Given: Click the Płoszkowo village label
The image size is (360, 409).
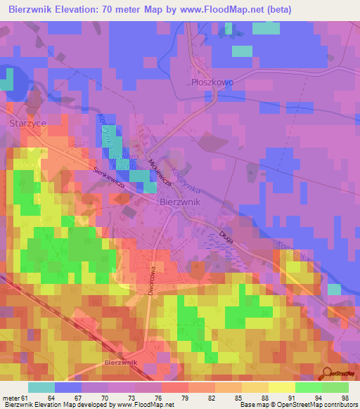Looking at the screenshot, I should click(212, 82).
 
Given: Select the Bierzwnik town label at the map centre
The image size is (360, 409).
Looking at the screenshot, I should click(181, 201).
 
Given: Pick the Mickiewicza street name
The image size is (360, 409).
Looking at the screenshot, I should click(158, 169).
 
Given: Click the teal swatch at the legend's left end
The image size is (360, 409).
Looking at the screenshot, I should click(41, 387).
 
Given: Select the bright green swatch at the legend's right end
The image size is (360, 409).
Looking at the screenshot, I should click(335, 387).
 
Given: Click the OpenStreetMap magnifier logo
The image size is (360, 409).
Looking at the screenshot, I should click(328, 375).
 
